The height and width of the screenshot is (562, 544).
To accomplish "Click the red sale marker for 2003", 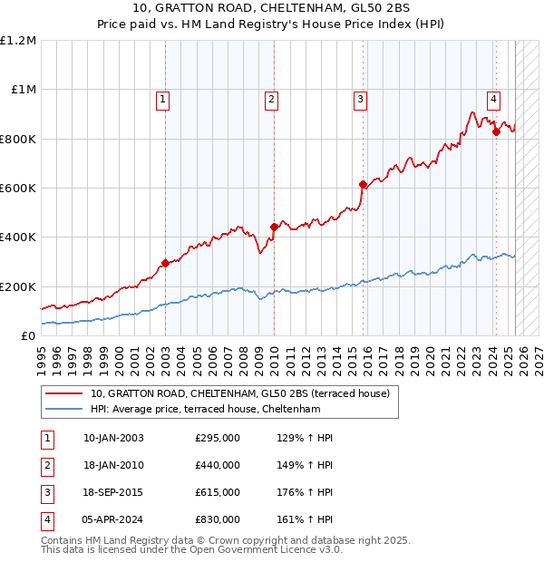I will coord(165,264).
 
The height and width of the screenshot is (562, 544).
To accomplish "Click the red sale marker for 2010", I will coord(274,227).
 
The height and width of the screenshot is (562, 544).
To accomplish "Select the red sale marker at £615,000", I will coord(363,184).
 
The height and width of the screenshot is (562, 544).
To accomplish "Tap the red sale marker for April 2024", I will coord(496,131).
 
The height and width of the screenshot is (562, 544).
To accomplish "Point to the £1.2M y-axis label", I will coord(18,41).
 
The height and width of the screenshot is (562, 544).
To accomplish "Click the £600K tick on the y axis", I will coord(18,189).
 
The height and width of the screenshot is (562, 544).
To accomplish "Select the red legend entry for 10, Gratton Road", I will coord(239,393).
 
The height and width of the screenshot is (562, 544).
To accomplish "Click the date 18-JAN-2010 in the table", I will coord(113,465).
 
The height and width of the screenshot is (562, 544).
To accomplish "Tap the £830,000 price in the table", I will coord(218,519).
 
